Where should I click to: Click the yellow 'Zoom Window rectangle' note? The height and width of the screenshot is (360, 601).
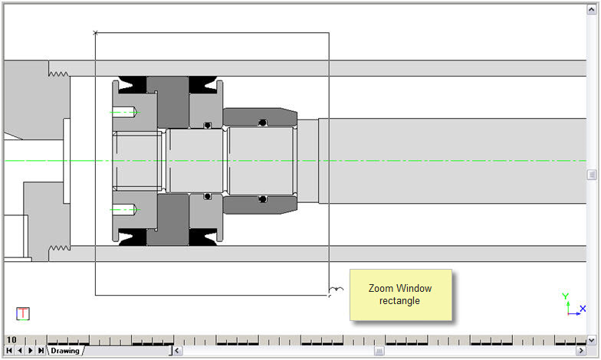click(400, 294)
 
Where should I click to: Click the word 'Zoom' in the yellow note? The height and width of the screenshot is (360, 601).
click(380, 289)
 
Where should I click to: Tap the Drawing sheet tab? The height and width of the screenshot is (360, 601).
click(65, 351)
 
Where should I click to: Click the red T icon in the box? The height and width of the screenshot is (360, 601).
click(23, 313)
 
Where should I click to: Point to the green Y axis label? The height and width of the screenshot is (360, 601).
click(565, 296)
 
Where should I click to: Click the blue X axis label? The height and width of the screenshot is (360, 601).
click(583, 309)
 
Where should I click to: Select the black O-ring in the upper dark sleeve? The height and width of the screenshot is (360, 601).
click(262, 123)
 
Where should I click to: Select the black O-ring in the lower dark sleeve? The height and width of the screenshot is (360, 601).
click(262, 199)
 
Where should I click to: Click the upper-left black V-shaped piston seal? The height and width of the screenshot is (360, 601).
click(130, 82)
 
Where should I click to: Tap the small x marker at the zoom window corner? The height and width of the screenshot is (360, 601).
click(95, 32)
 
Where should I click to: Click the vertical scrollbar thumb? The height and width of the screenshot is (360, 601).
click(592, 175)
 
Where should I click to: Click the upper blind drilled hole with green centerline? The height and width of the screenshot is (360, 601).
click(125, 112)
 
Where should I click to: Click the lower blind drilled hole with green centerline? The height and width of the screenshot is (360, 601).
click(125, 209)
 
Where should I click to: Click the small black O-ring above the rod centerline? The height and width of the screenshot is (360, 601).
click(207, 125)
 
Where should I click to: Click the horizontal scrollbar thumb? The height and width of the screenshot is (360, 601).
click(378, 351)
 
